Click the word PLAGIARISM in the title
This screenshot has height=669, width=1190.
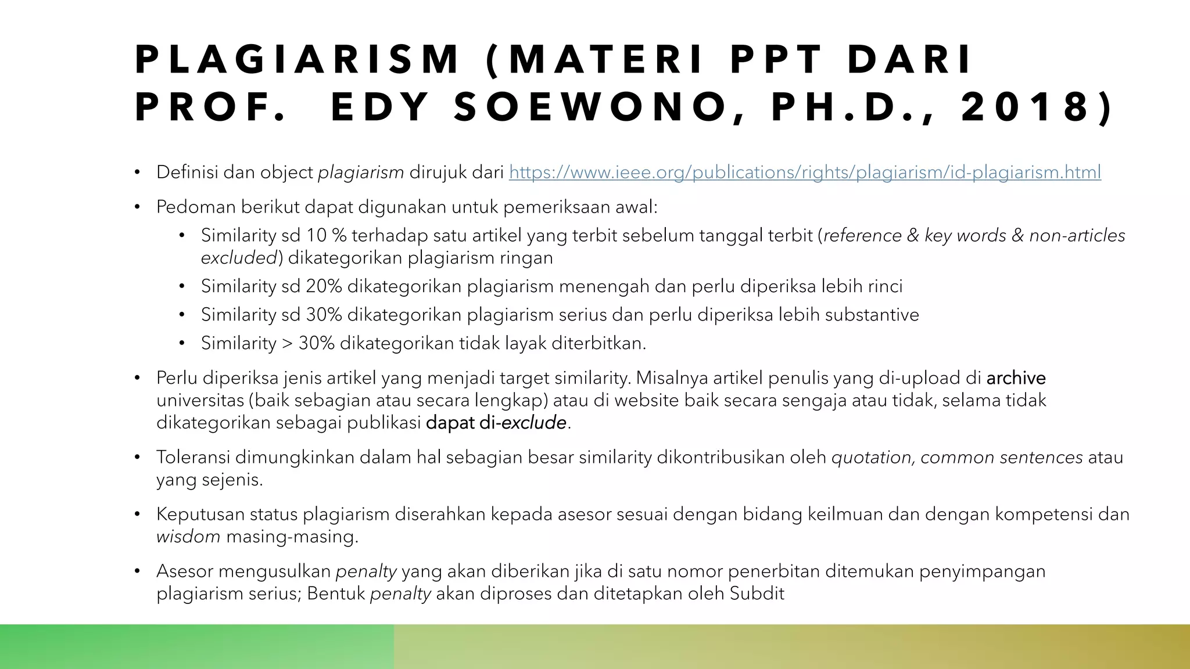click(x=297, y=60)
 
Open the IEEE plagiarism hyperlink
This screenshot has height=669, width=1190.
click(x=805, y=172)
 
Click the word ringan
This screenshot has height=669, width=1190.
click(x=526, y=257)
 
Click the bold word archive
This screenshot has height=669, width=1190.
click(x=1016, y=378)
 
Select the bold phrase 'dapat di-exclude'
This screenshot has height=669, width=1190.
click(x=496, y=423)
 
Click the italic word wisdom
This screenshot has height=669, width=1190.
click(x=188, y=537)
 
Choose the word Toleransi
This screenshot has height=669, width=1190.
click(x=193, y=458)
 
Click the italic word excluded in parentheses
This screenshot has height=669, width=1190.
click(x=239, y=258)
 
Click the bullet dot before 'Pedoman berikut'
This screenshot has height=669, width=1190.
click(x=137, y=207)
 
